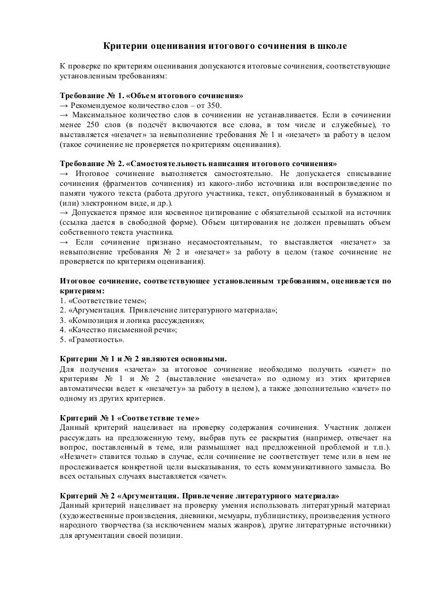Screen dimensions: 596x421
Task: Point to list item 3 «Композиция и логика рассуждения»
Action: pyautogui.click(x=135, y=320)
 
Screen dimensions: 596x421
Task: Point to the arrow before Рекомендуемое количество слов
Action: pyautogui.click(x=63, y=106)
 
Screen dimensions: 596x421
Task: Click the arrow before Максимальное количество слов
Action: pyautogui.click(x=63, y=116)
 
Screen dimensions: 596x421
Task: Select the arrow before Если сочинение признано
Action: pyautogui.click(x=63, y=242)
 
